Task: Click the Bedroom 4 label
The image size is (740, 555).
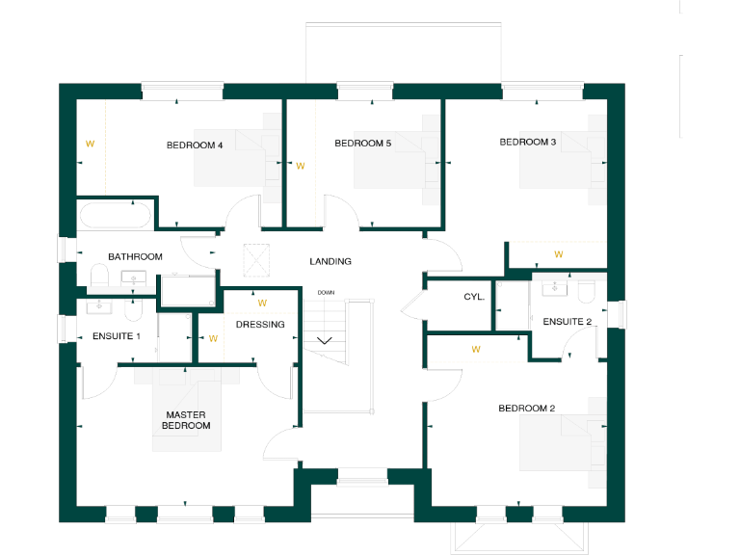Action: pyautogui.click(x=195, y=145)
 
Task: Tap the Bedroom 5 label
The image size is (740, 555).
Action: pyautogui.click(x=362, y=144)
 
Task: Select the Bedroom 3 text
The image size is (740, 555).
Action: pyautogui.click(x=527, y=142)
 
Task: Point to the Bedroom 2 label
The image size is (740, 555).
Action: pyautogui.click(x=526, y=409)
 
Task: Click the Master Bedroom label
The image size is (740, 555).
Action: pyautogui.click(x=186, y=420)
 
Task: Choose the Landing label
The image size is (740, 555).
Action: pyautogui.click(x=330, y=261)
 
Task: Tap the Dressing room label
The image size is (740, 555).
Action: pyautogui.click(x=260, y=325)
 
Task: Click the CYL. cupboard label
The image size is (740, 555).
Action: pyautogui.click(x=474, y=297)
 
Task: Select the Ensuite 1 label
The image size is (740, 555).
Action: pyautogui.click(x=117, y=336)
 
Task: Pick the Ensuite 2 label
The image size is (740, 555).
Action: pyautogui.click(x=567, y=321)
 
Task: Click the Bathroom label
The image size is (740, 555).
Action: pyautogui.click(x=135, y=257)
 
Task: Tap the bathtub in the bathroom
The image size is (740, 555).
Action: pyautogui.click(x=115, y=214)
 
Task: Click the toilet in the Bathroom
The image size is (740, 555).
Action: pyautogui.click(x=97, y=277)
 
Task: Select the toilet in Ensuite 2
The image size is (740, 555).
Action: pyautogui.click(x=587, y=290)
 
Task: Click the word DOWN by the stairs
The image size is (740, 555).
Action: pyautogui.click(x=326, y=292)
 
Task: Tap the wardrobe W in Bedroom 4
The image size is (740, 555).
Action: pyautogui.click(x=90, y=144)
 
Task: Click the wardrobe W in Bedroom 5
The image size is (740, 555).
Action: pyautogui.click(x=300, y=166)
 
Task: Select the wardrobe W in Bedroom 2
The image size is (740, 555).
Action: pyautogui.click(x=475, y=349)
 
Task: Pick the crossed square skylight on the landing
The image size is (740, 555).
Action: pyautogui.click(x=258, y=258)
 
